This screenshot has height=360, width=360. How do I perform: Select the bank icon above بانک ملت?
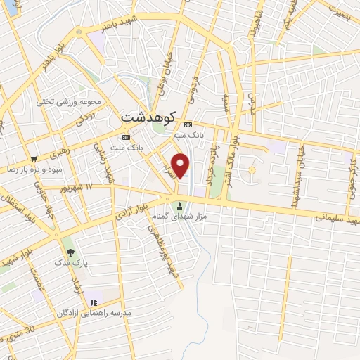click(126, 137)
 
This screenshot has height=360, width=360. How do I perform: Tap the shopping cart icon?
click(34, 159)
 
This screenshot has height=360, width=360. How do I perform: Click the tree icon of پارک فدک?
click(69, 251)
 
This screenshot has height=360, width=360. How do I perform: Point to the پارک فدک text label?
click(68, 262)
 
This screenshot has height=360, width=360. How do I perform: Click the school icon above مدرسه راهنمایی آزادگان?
click(93, 302)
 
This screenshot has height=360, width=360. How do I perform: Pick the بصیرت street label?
click(341, 11)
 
